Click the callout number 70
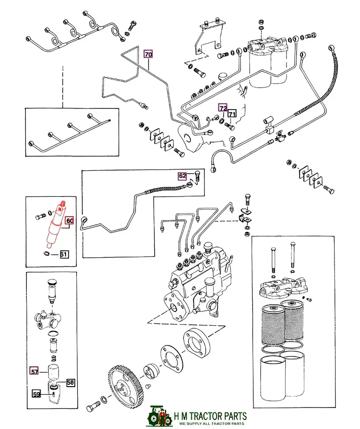pos(148,55)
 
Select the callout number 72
pos(223,108)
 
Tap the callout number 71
pos(232,114)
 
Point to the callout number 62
pos(182,176)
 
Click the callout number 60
pos(70,221)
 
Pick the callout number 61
pos(64,255)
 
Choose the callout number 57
pos(34,370)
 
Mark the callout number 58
pos(71,382)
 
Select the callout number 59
pos(36,394)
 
